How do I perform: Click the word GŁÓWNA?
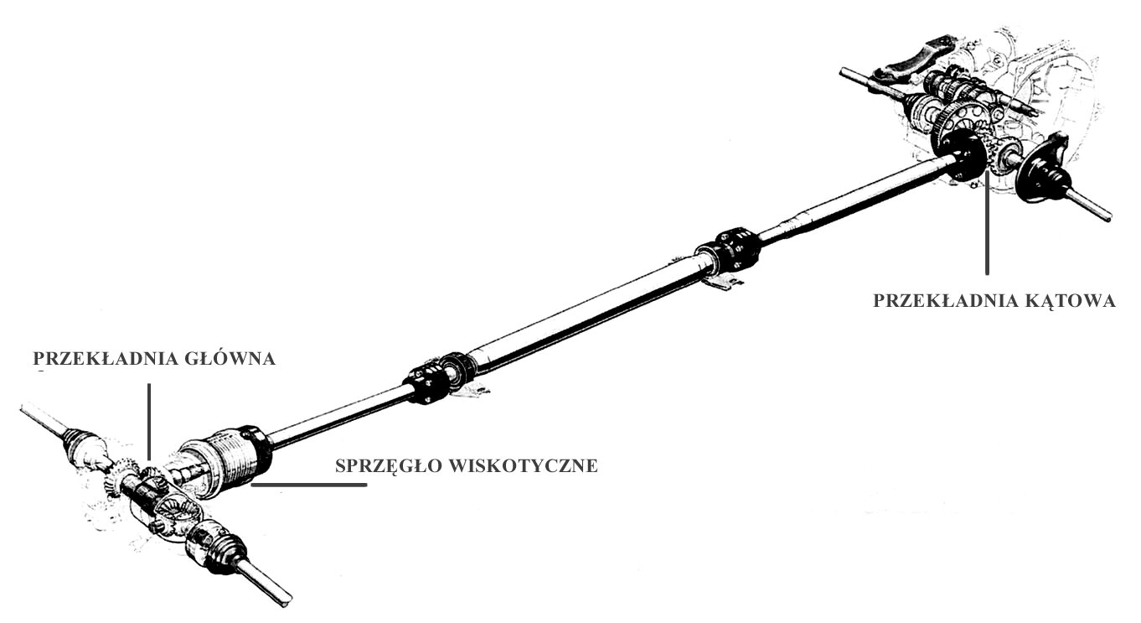(230, 358)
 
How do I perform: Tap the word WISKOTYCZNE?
(523, 465)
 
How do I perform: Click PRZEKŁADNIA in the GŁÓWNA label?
(106, 358)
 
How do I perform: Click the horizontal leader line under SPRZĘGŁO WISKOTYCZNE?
(309, 485)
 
